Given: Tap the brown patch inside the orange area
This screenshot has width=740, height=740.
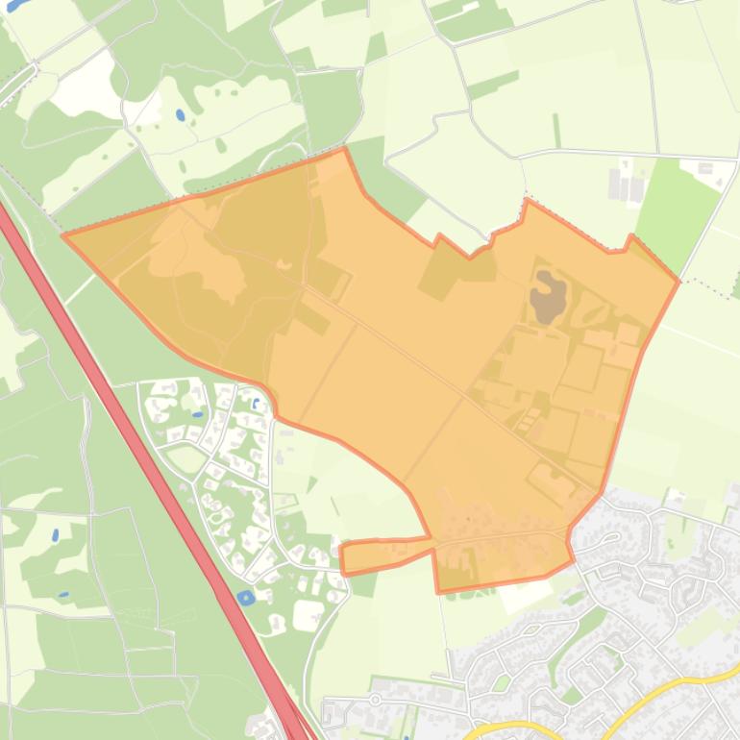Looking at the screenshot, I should [x=549, y=293].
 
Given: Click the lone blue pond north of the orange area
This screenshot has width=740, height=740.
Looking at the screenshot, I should [x=180, y=115].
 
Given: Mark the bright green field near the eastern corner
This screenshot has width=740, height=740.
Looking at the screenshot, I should [x=678, y=207].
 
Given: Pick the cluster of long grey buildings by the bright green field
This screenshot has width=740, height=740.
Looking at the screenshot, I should [x=629, y=183].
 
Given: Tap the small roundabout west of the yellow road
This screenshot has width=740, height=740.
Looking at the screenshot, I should [x=376, y=700].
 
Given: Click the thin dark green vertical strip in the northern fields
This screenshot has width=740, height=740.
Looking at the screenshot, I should [x=556, y=130].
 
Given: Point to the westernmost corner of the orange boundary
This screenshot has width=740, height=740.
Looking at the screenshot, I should [x=63, y=234].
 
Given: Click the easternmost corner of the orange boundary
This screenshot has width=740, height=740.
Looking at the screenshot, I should [x=678, y=281].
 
